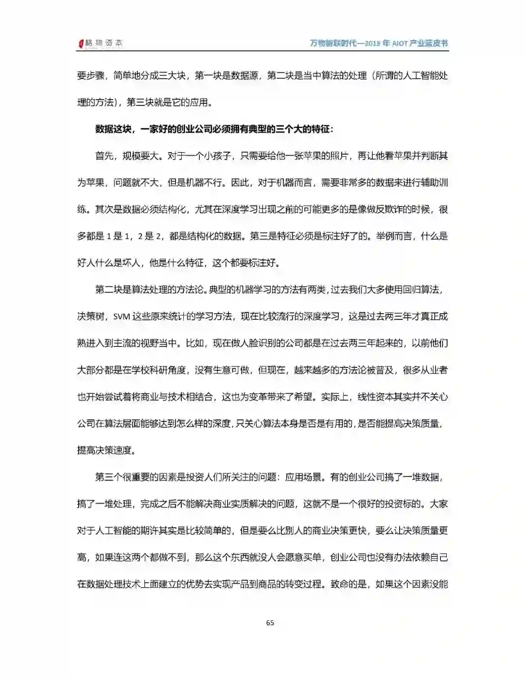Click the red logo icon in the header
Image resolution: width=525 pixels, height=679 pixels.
[x=81, y=44]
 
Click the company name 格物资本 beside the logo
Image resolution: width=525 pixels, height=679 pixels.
[x=104, y=44]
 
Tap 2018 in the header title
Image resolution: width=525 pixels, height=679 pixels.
[x=372, y=43]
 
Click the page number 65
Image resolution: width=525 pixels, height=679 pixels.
[x=270, y=623]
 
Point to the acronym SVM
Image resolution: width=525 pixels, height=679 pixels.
[x=122, y=316]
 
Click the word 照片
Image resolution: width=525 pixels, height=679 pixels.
[x=339, y=156]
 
